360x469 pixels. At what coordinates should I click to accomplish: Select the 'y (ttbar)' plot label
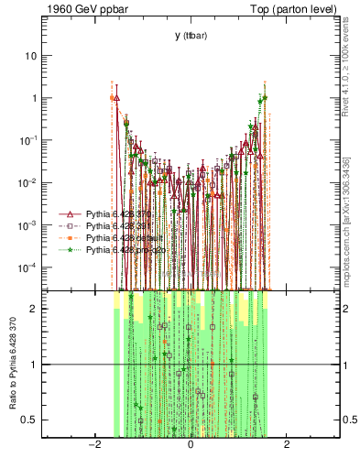coord(190,36)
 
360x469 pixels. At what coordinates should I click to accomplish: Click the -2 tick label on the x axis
coord(93,445)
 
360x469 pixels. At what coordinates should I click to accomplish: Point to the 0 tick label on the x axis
coord(190,445)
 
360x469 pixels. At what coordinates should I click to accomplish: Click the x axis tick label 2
coord(287,445)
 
